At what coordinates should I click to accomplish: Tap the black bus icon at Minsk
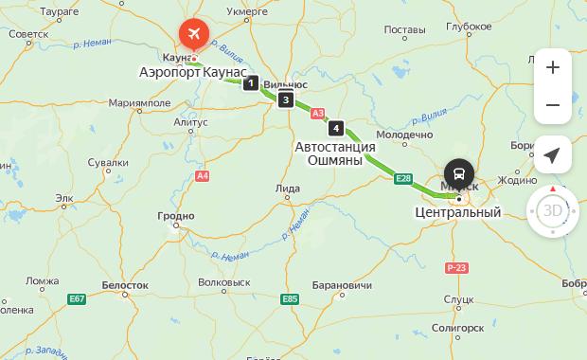coord(458,173)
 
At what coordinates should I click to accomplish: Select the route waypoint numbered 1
coord(250,83)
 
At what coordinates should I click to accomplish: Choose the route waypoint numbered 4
coord(335,128)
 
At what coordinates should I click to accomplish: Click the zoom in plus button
coord(553,67)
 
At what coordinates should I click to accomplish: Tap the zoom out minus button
coord(553,105)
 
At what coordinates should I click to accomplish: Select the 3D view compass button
coord(553,210)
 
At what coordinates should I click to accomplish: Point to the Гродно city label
coord(175,216)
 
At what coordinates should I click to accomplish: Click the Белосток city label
coord(125,284)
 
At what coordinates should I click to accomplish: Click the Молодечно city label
coord(404,135)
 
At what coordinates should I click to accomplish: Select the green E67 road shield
coord(78,299)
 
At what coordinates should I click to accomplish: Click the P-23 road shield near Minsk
coord(458,268)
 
